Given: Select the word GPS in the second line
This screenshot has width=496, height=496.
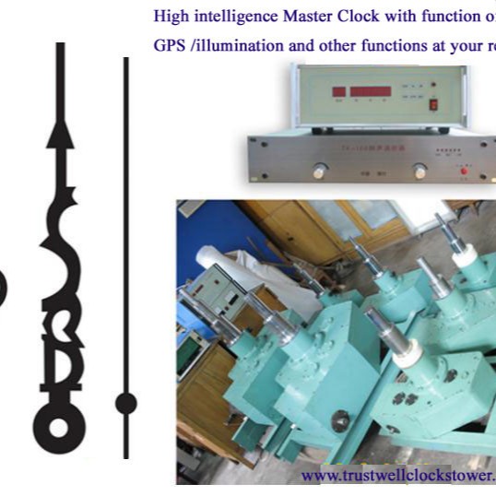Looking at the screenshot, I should [x=165, y=43].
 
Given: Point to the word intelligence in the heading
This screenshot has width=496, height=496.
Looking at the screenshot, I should [x=229, y=15].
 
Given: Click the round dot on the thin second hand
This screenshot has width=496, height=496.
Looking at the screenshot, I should [x=125, y=401].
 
